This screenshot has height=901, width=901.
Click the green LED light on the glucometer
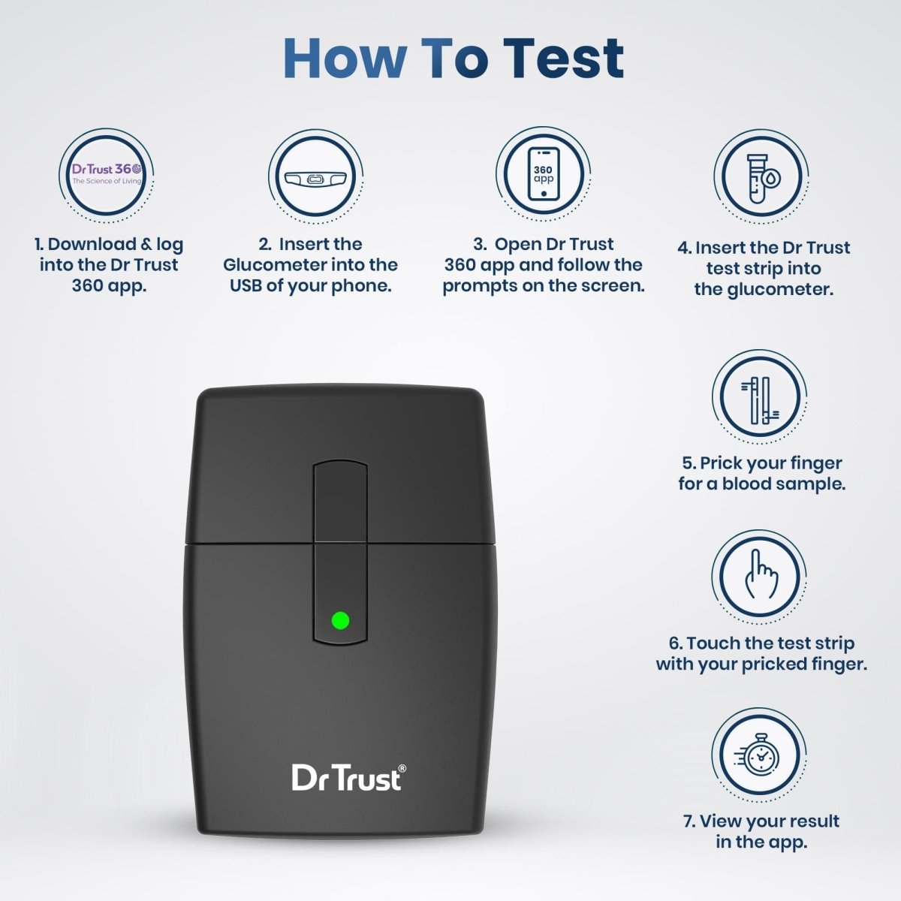click(340, 620)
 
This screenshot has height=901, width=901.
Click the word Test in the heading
click(563, 59)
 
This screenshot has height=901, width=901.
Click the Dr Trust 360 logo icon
click(107, 174)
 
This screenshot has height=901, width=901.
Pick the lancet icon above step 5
click(760, 400)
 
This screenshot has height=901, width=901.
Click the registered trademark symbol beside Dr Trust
click(402, 768)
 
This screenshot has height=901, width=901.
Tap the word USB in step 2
click(246, 285)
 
